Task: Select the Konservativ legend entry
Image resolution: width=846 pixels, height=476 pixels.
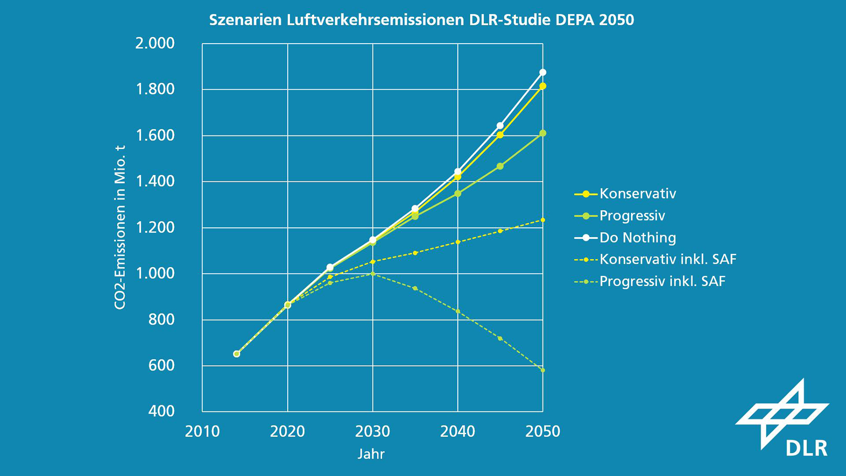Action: coord(625,194)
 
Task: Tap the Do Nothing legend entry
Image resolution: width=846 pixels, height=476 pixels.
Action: coord(625,237)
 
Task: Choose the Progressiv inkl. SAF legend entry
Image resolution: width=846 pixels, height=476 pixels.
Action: coord(650,281)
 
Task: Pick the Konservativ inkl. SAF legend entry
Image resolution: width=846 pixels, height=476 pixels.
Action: coord(655,259)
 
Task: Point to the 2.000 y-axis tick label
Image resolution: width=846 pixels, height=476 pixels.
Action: coord(155,43)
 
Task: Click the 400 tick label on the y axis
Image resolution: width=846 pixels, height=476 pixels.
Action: coord(162,411)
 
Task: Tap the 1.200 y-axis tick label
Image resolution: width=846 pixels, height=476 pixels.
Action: coord(155,227)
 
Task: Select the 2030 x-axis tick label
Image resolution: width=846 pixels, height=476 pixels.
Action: coord(373,431)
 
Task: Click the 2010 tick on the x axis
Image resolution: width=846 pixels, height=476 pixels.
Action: coord(202,431)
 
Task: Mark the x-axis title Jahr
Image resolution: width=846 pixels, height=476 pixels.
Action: coord(371,454)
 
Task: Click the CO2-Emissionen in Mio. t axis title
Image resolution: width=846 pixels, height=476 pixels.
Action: coord(120,227)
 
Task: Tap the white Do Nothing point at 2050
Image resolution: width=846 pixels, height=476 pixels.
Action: coord(543,72)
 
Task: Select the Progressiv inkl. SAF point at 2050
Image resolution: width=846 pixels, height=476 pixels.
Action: coord(543,370)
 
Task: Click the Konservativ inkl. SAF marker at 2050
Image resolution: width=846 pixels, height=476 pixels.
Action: coord(543,220)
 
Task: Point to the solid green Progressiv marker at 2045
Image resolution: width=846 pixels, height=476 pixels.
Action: coord(500,166)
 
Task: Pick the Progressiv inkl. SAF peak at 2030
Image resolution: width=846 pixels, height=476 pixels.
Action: coord(373,273)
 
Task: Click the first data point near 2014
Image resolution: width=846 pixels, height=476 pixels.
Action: coord(236,354)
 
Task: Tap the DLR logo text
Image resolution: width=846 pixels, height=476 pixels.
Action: coord(807,448)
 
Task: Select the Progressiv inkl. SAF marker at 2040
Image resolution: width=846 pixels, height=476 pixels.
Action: coord(458,311)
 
